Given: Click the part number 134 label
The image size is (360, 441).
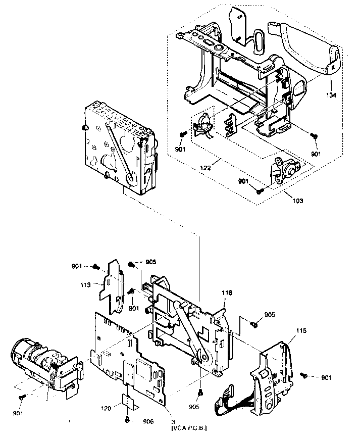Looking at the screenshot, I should [331, 94].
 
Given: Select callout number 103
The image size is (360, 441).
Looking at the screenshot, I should [297, 201].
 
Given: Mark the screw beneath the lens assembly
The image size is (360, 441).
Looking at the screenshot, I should [21, 398].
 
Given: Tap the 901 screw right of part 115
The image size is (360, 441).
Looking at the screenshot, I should [304, 375].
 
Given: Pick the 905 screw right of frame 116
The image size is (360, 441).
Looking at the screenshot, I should [255, 325].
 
